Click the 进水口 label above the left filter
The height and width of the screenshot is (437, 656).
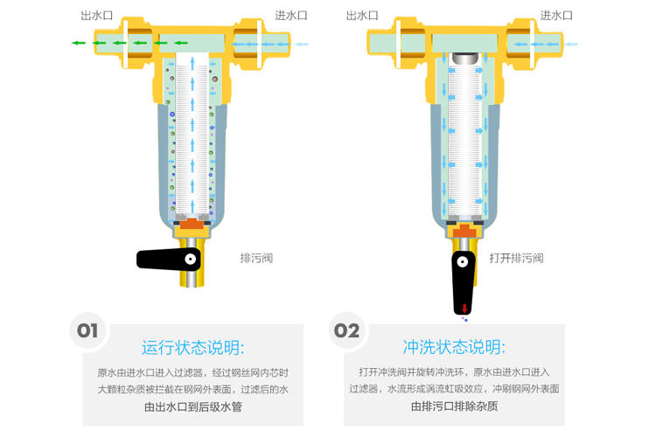click(x=290, y=16)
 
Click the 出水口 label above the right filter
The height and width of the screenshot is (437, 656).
click(x=361, y=16)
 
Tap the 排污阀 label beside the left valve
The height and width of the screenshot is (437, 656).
click(x=256, y=258)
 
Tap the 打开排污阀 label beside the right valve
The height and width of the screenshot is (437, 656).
click(x=516, y=258)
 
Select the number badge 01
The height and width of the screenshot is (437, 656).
click(x=87, y=330)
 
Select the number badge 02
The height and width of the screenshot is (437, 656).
click(x=346, y=330)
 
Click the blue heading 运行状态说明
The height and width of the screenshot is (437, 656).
click(x=193, y=346)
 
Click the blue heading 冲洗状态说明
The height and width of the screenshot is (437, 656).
click(x=454, y=346)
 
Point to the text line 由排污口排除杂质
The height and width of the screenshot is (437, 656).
click(x=454, y=406)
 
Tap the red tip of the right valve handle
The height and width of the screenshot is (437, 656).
click(x=462, y=307)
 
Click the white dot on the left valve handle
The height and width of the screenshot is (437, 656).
click(x=190, y=260)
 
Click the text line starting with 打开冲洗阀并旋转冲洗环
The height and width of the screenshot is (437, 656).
click(x=454, y=372)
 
